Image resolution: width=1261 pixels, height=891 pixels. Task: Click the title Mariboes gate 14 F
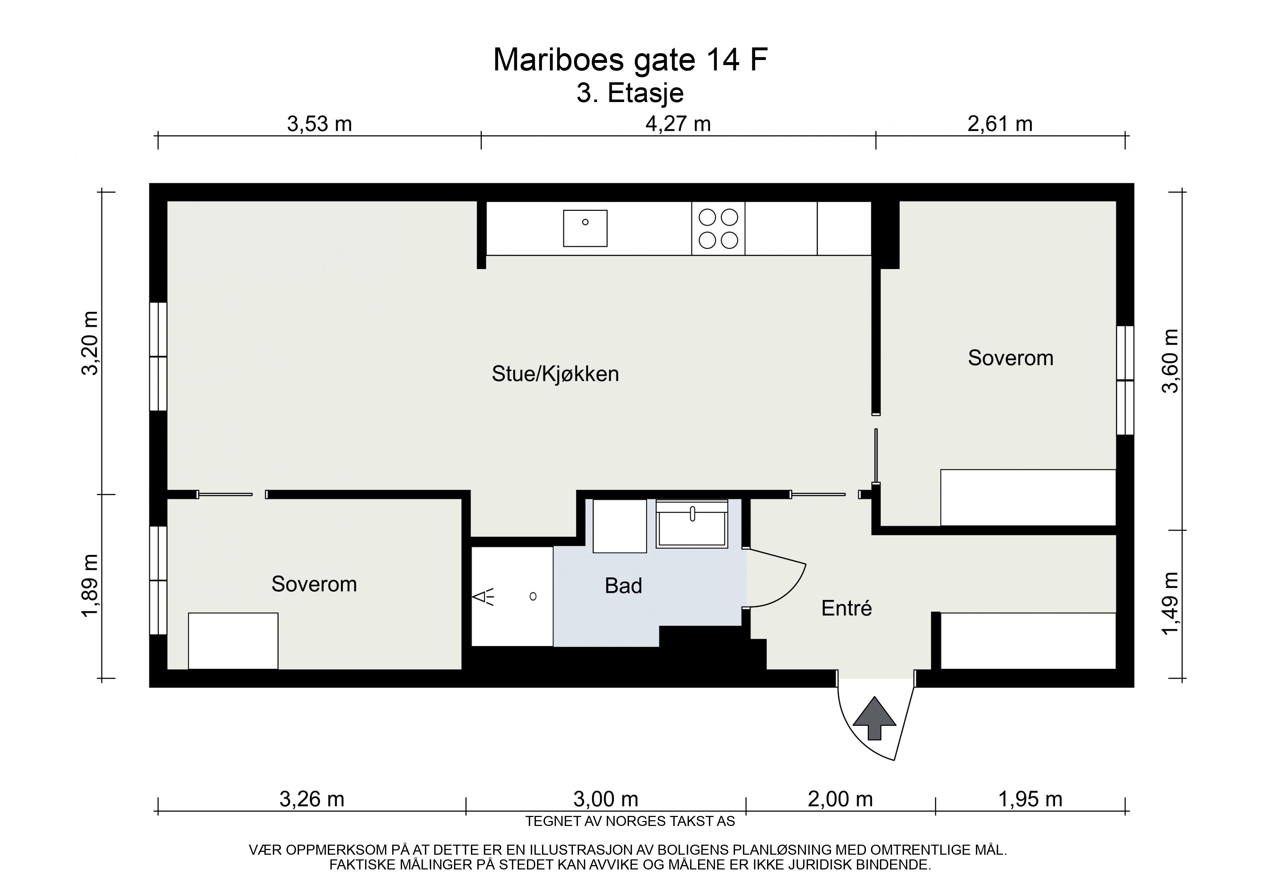click(630, 60)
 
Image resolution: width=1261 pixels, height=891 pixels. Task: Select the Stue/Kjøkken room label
click(555, 374)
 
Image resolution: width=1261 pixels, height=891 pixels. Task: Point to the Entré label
click(846, 608)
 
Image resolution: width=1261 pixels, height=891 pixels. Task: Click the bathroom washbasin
click(692, 524)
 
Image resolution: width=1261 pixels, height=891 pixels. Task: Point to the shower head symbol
click(484, 597)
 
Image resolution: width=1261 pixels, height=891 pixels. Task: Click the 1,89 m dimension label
click(90, 586)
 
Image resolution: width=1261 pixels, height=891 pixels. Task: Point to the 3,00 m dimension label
click(606, 800)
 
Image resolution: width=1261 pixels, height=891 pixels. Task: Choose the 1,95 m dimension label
click(1030, 800)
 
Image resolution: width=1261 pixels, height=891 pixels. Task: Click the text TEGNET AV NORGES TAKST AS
click(630, 822)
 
